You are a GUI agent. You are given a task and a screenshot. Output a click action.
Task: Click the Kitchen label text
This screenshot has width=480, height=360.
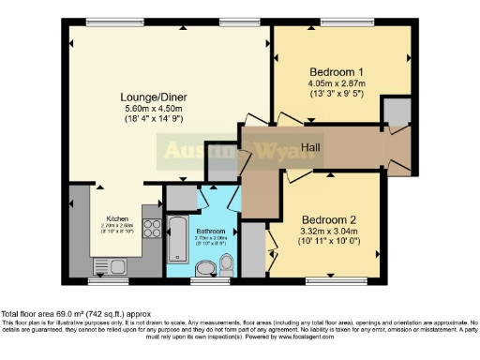coord(117,217)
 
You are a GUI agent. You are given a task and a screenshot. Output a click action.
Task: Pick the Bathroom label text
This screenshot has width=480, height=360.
coord(211,230)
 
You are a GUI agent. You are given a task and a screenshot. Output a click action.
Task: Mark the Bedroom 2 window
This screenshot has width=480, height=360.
coord(335,278)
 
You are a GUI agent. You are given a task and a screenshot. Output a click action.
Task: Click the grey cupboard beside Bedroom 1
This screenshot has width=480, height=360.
coord(397,112)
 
